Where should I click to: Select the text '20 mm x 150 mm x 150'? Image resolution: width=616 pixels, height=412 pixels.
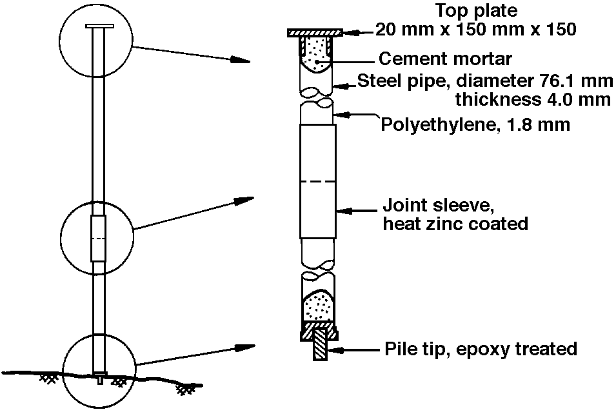coord(475,30)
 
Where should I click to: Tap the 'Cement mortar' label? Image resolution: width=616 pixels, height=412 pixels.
coord(445,59)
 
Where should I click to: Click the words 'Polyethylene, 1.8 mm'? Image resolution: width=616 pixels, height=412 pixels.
coord(475,124)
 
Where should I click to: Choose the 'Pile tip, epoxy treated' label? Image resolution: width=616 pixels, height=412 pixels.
coord(480,349)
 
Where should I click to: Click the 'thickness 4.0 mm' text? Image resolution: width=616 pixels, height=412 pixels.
coord(533,100)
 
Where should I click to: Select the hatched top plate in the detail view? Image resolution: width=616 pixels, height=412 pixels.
coord(315,32)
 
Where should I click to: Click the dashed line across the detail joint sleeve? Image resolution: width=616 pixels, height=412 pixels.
coord(317,182)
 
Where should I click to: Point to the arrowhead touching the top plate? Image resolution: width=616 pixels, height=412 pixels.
coord(350,32)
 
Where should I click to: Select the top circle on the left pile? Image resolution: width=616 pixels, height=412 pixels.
coord(96,43)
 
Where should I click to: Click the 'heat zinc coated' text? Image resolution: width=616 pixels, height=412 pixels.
coord(455,224)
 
